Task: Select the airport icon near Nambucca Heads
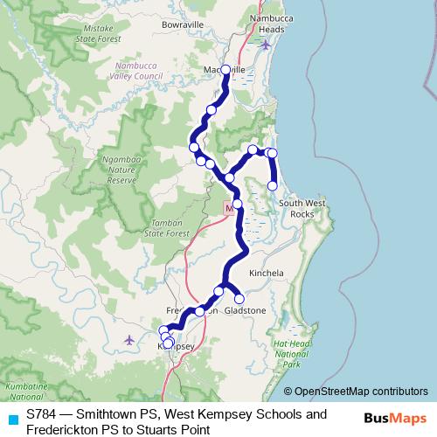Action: click(267, 44)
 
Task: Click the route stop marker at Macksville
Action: click(225, 69)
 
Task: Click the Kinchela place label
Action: click(267, 273)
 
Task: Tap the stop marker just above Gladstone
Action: click(239, 299)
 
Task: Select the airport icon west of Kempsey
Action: click(129, 339)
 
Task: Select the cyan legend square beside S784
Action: click(12, 421)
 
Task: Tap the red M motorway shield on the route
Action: click(230, 208)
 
